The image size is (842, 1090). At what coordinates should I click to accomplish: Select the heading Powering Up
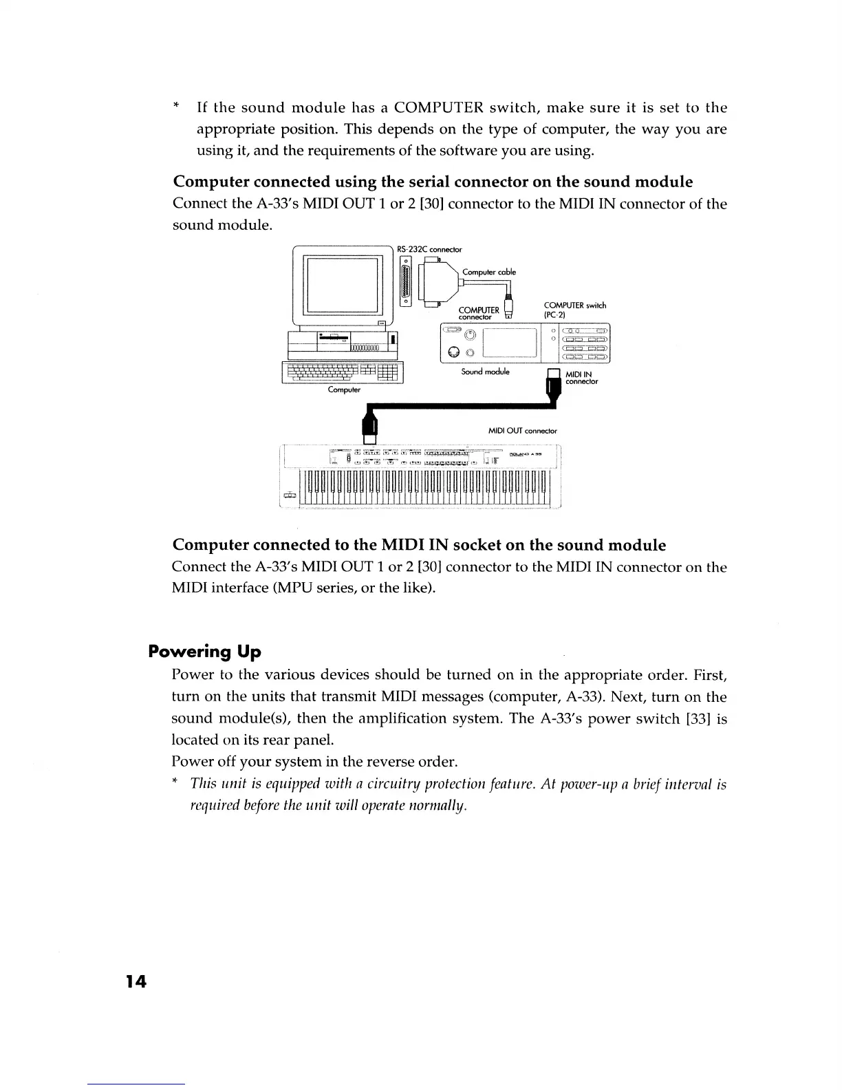[204, 651]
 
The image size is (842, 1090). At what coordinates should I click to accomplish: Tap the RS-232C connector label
[430, 249]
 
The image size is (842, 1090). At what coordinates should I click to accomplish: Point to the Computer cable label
[489, 272]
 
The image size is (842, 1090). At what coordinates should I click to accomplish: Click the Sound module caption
[485, 372]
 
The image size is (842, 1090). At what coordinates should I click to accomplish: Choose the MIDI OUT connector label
[522, 431]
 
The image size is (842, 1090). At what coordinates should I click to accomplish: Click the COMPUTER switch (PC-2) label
[574, 310]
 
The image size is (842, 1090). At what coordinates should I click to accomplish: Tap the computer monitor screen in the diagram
[344, 285]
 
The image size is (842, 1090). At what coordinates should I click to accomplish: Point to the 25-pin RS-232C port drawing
[406, 280]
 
